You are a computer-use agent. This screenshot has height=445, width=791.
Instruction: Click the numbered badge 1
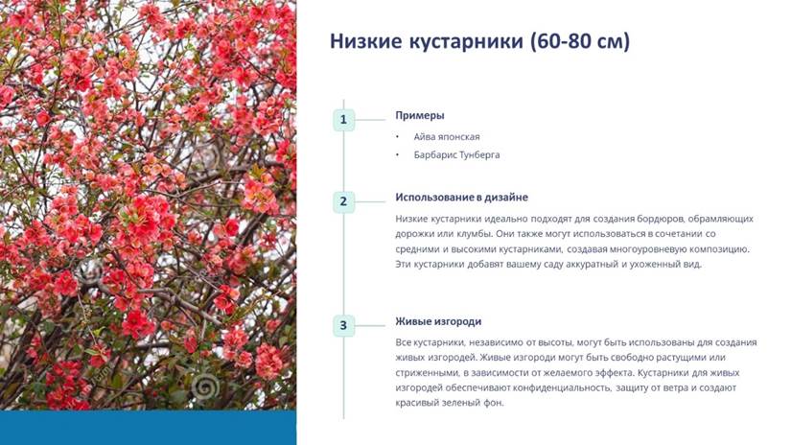(343, 120)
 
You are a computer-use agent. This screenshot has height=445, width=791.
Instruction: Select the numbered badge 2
(343, 201)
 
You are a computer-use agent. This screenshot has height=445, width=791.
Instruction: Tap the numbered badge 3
(343, 325)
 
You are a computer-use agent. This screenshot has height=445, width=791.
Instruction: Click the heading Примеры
(420, 115)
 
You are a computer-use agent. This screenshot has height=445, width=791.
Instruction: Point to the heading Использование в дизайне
(461, 198)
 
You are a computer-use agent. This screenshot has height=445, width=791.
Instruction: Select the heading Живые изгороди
(438, 321)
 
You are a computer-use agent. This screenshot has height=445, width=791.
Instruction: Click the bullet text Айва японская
(447, 137)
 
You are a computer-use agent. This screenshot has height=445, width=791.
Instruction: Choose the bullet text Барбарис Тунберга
(456, 155)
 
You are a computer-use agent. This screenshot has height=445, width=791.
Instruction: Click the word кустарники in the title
(466, 42)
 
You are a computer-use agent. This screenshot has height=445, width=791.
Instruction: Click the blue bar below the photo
(149, 428)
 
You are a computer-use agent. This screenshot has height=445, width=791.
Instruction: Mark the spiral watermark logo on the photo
(205, 387)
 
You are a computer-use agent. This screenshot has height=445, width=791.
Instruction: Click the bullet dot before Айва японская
(397, 137)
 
